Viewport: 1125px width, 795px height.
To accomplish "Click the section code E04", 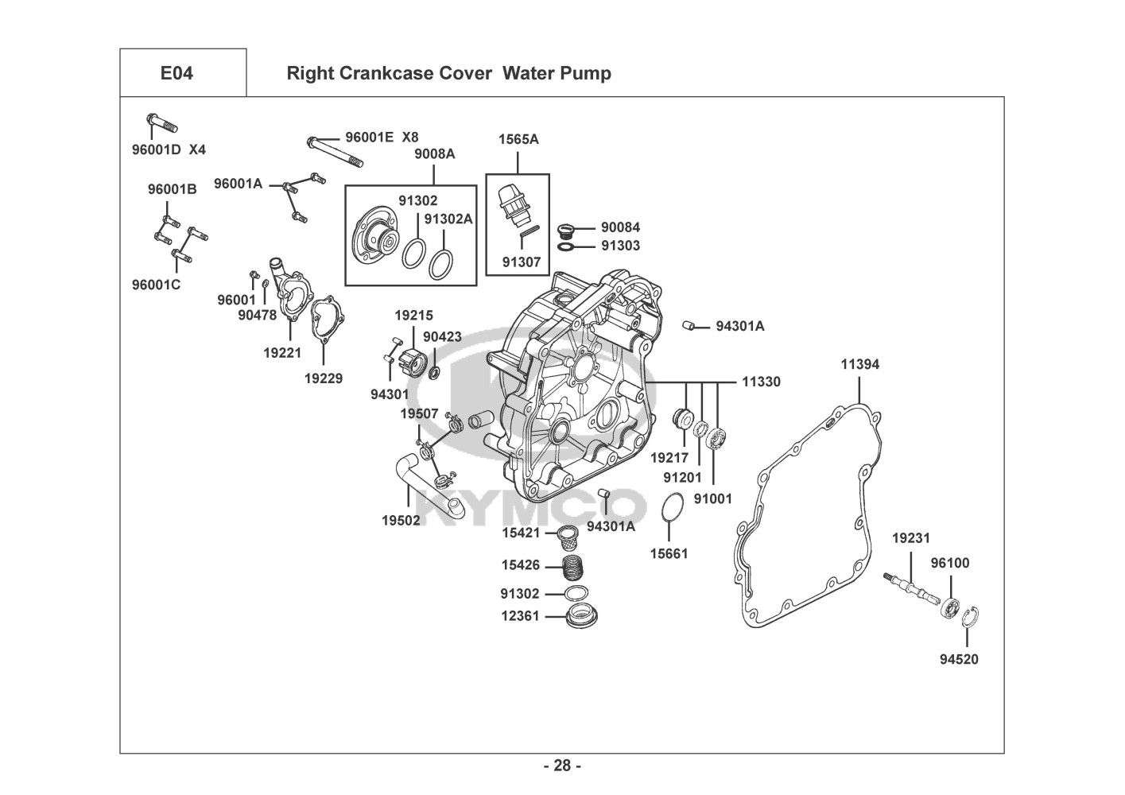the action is (177, 73).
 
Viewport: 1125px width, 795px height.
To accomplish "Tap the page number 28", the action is (562, 766).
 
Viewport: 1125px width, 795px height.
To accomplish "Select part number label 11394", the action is (859, 364).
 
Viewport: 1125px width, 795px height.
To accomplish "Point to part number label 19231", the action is (910, 538).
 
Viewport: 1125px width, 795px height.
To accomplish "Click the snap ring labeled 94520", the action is (970, 617).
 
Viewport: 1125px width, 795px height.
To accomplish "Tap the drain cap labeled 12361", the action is (581, 615).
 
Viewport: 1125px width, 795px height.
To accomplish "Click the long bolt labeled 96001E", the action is (335, 151).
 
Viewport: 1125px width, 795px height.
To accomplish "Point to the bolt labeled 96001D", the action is (162, 123).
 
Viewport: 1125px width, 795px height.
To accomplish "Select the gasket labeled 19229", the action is (328, 320).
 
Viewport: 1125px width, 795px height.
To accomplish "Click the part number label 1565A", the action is (518, 139).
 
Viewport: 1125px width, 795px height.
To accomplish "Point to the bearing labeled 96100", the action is (950, 608).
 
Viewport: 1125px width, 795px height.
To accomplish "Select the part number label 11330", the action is (761, 382).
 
